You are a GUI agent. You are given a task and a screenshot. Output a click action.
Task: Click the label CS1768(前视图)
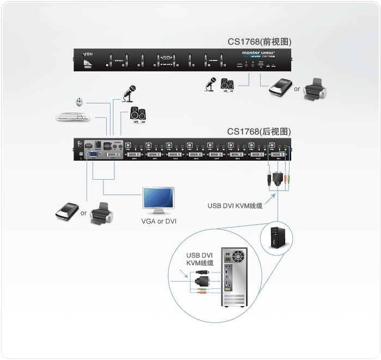point(260,42)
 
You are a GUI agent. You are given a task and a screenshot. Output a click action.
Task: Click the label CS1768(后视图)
point(259,131)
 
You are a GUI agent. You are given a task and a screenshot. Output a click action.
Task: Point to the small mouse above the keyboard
point(79,101)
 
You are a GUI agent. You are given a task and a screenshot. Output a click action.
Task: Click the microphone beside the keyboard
point(129,93)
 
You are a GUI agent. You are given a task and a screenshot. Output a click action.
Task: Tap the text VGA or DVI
point(159,222)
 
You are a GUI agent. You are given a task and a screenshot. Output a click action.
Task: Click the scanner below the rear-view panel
point(68,211)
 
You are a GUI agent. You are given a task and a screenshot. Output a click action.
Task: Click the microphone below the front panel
point(210,84)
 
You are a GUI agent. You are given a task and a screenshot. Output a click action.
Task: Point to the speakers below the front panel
point(226,85)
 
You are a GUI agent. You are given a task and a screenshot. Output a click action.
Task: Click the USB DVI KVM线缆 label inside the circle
point(200,259)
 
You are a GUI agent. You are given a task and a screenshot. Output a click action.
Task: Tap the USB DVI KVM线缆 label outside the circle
point(235,206)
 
